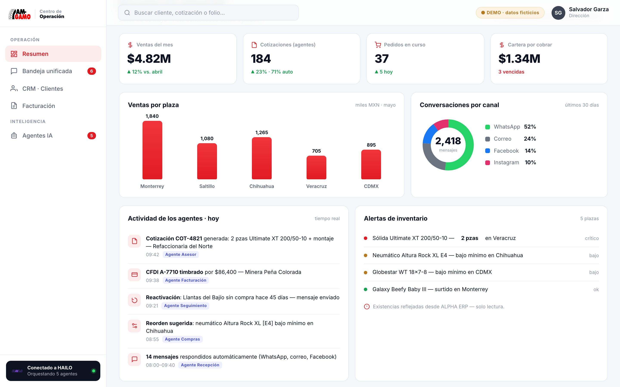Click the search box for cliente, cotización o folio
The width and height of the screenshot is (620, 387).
coord(208,12)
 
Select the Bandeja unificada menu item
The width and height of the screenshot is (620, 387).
coord(53,71)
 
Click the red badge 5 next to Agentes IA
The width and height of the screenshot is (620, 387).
coord(91,136)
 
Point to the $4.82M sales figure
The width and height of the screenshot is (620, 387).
coord(149,59)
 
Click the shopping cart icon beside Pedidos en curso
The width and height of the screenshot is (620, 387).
coord(378,45)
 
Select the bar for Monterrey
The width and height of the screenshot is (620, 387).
coord(152,150)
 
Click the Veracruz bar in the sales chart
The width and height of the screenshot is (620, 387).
coord(316,167)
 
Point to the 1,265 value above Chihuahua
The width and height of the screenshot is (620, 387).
coord(262,132)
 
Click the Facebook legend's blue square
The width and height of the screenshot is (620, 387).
coord(488,151)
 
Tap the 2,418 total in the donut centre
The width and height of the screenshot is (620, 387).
coord(448,141)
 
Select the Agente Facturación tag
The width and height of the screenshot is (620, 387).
coord(186,280)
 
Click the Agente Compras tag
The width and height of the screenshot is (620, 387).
coord(182,339)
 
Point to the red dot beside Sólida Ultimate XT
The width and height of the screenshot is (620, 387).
coord(366,238)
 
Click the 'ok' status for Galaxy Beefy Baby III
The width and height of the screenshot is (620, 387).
coord(596,289)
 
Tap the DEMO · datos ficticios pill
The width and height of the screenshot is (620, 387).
coord(510,12)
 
